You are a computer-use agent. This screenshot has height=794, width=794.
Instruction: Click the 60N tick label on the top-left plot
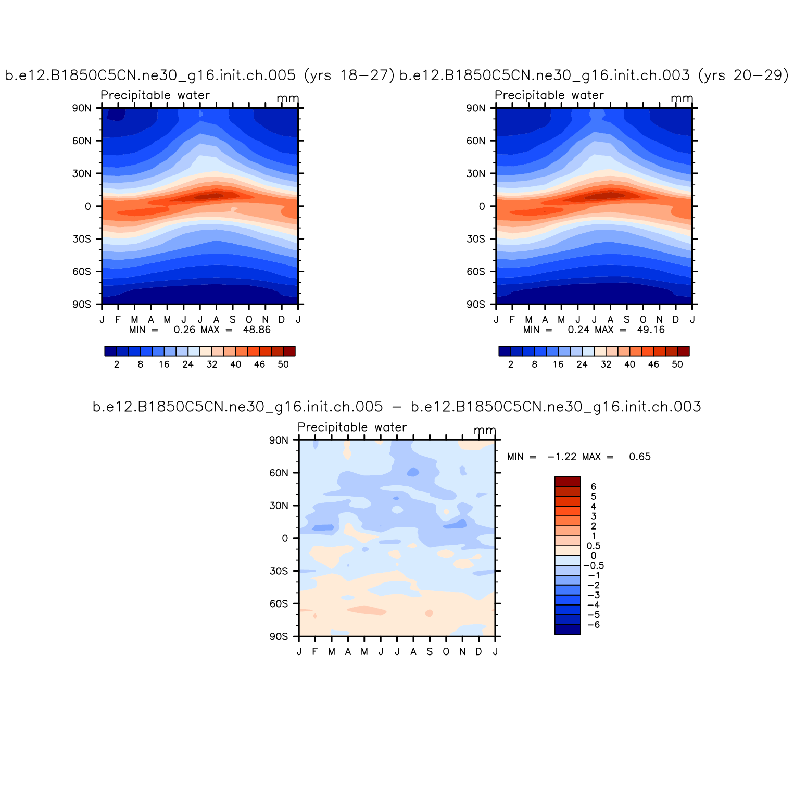82,141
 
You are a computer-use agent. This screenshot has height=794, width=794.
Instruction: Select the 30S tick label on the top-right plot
476,239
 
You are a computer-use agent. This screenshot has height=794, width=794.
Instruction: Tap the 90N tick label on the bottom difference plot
279,440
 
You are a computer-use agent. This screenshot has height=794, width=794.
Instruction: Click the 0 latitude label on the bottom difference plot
285,538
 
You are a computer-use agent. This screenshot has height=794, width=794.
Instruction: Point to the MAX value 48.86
257,330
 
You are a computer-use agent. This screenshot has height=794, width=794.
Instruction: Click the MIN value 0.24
578,330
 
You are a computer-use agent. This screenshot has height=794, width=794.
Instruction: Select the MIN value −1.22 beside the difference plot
562,457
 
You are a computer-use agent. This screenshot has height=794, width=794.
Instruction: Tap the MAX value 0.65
640,457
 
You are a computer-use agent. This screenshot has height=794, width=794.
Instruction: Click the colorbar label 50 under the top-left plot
283,364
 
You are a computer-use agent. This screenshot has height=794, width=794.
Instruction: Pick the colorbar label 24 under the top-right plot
582,364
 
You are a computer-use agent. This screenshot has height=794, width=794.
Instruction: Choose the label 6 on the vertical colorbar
594,487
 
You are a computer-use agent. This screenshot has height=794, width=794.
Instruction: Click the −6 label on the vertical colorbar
594,625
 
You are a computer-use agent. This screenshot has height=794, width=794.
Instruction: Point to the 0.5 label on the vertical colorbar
594,546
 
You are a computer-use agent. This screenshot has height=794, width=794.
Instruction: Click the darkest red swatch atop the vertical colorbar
568,482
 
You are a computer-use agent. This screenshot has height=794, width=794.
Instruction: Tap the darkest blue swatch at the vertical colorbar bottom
568,629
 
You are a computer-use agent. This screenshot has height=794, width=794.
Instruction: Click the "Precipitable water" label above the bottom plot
352,427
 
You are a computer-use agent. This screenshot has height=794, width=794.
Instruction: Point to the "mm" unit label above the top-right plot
682,98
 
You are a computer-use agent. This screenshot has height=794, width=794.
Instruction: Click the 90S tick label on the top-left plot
82,304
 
